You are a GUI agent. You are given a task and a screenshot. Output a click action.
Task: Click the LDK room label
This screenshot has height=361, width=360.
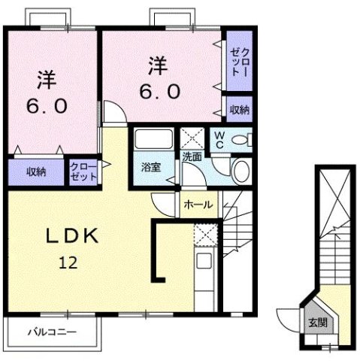74,235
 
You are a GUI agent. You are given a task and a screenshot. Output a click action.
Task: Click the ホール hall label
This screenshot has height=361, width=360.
198,203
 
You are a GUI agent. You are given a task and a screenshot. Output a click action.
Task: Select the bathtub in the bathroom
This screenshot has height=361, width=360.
153,141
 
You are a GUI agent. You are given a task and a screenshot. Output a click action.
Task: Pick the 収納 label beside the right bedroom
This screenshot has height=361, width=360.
239,110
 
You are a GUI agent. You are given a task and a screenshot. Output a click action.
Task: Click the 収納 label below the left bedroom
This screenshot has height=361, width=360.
36,171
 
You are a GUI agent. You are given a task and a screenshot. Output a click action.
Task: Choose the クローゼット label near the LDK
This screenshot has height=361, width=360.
83,171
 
